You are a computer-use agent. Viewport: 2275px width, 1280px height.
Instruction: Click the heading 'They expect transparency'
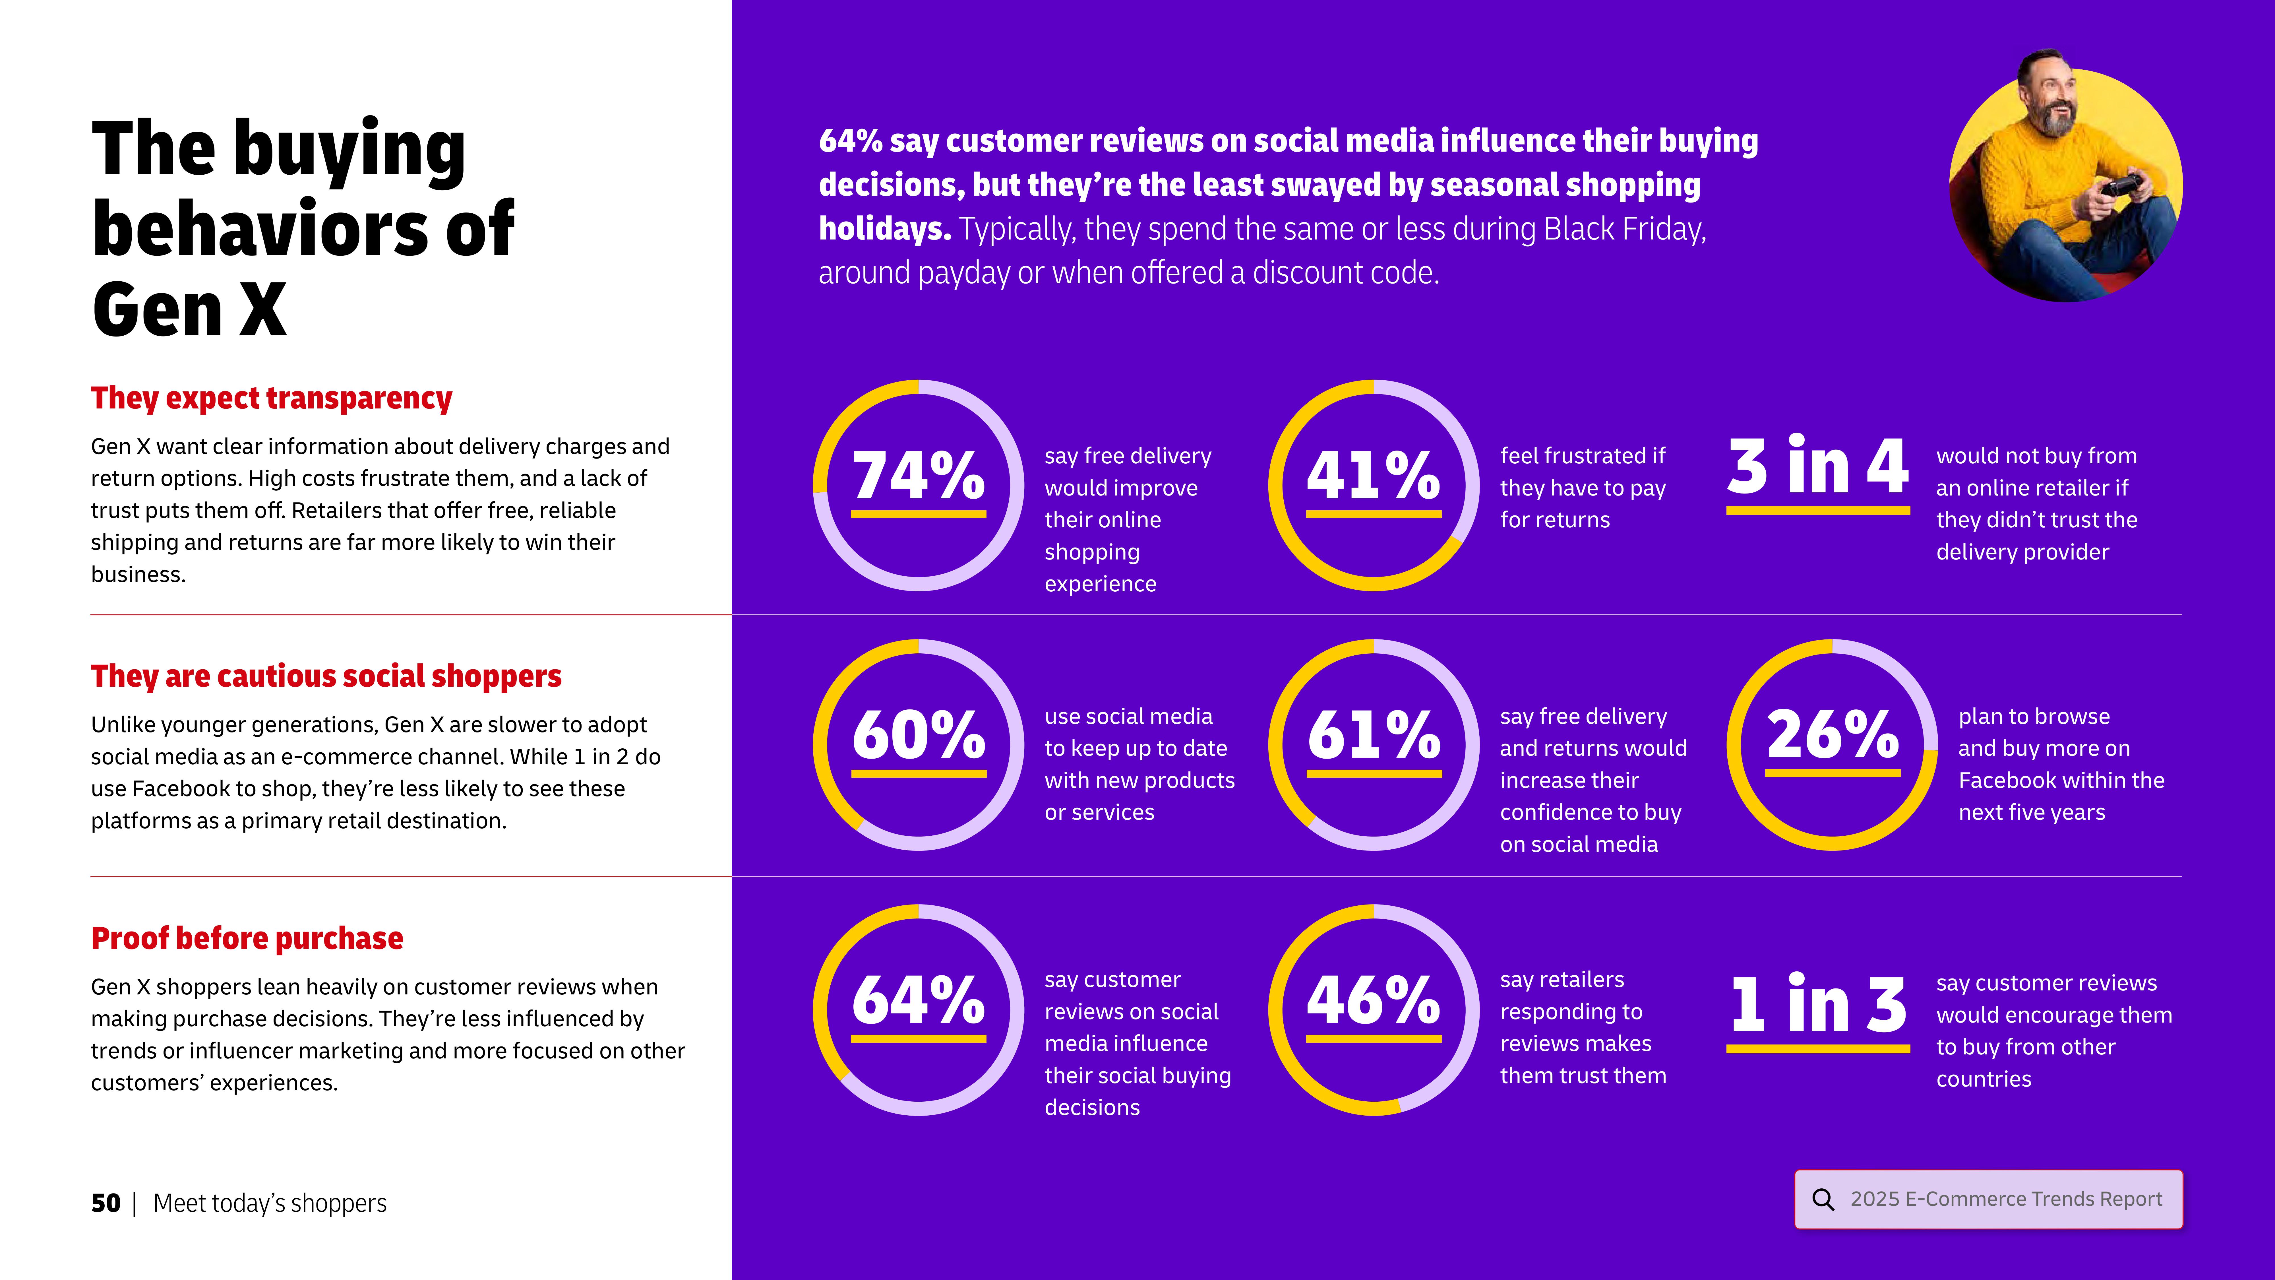(x=271, y=399)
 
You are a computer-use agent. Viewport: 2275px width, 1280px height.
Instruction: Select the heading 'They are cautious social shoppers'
(x=326, y=677)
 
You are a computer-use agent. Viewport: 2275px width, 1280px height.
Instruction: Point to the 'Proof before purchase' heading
(x=247, y=938)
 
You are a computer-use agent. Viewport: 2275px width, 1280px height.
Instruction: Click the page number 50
(x=105, y=1203)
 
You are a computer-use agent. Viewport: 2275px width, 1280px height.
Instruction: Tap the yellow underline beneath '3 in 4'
(x=1817, y=511)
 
